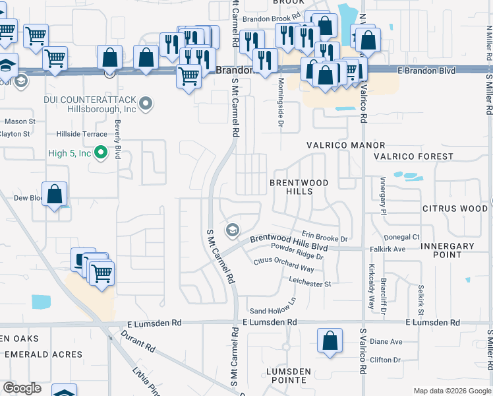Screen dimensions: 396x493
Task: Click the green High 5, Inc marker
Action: (101, 153)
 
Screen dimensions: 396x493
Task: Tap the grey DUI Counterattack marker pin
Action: (146, 103)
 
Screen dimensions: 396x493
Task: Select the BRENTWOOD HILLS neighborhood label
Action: (299, 186)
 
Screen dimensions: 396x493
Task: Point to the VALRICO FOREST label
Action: (413, 156)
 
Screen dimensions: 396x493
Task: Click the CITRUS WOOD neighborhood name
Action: (455, 209)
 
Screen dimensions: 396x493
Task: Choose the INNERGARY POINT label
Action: (447, 250)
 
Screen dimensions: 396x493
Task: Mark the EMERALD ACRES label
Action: (43, 354)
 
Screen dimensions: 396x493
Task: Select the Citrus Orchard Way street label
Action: (284, 265)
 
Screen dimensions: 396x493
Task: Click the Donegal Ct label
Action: (401, 236)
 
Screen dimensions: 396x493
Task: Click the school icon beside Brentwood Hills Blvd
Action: (232, 230)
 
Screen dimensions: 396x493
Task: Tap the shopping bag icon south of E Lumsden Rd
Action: (330, 341)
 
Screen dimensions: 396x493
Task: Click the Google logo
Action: (22, 388)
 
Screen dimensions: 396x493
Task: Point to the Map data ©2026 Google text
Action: (451, 391)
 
